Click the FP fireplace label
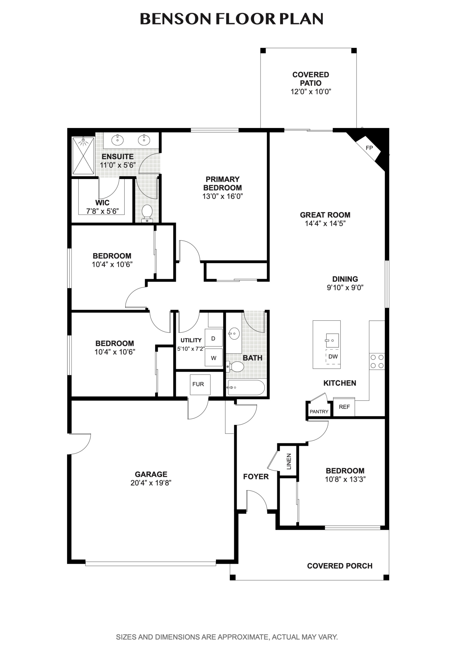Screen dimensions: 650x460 [369, 148]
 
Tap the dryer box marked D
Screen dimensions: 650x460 [213, 338]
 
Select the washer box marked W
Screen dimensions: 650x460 [213, 358]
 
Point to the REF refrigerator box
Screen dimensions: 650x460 [344, 407]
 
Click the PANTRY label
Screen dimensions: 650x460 [319, 411]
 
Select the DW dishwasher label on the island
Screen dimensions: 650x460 [333, 357]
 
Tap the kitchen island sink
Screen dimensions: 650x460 [332, 340]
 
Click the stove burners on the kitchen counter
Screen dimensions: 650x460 [377, 361]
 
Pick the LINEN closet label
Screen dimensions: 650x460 [289, 461]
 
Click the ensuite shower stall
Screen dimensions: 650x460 [83, 156]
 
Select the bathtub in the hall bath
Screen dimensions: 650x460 [246, 387]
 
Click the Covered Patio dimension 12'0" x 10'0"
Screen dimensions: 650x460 [310, 92]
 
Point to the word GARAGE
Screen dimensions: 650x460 [151, 474]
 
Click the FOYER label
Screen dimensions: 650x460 [256, 476]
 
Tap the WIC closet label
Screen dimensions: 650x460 [102, 203]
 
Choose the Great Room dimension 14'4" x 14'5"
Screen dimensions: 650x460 [325, 223]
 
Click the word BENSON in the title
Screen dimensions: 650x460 [176, 19]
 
